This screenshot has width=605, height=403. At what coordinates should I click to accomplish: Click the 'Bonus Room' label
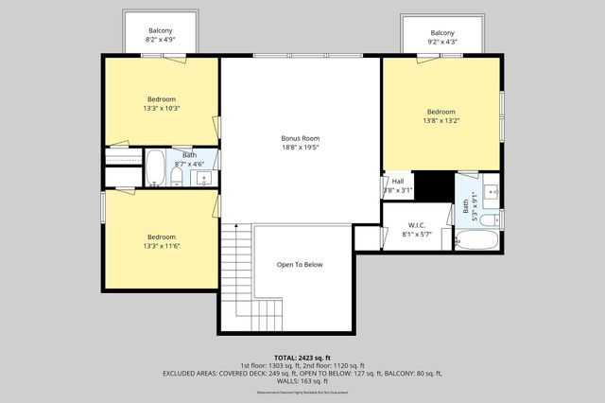point(300,138)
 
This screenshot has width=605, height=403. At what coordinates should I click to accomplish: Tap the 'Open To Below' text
point(300,264)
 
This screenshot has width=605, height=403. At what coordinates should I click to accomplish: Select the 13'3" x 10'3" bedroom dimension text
point(161,108)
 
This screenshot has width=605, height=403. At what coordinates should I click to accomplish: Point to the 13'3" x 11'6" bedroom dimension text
point(161,246)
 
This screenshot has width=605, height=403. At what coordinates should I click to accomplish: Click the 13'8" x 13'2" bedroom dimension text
point(441,120)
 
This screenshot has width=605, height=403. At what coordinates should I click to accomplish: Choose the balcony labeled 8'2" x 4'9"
point(161,36)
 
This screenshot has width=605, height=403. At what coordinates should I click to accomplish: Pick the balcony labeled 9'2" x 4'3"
point(442,37)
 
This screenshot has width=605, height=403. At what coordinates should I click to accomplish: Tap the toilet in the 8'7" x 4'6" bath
point(177,176)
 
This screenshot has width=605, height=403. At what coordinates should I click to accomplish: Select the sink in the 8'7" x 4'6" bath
point(202,176)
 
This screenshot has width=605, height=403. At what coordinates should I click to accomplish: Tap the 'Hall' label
point(398,182)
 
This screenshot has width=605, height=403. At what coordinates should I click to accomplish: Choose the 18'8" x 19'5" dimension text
point(300,148)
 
